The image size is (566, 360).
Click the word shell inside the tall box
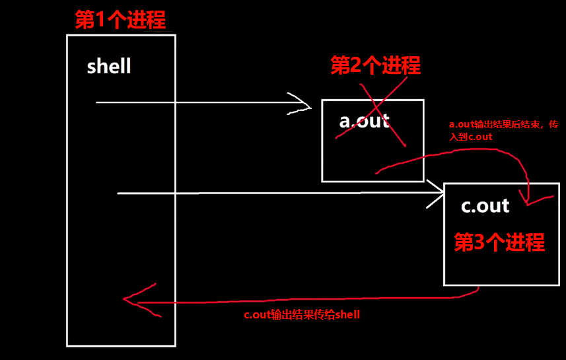point(109,67)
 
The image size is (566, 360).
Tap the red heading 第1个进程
point(120,20)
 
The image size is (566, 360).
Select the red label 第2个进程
point(375,65)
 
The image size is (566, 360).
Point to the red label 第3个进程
point(499,242)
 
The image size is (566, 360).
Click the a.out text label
point(364,122)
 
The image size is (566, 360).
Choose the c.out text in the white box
point(485,206)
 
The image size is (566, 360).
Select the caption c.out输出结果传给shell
point(302,315)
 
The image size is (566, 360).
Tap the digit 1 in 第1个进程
point(101,20)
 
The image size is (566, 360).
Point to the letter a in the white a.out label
point(345,122)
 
